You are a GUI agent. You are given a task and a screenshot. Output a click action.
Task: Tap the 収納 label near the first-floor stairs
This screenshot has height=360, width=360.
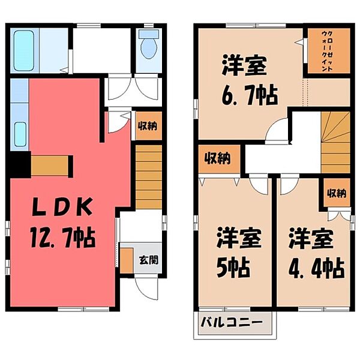click(x=148, y=126)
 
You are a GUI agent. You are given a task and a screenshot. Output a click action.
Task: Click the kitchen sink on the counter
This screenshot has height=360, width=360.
click(x=19, y=132)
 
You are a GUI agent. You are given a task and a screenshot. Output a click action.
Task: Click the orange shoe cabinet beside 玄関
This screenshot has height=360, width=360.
click(x=127, y=259)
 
